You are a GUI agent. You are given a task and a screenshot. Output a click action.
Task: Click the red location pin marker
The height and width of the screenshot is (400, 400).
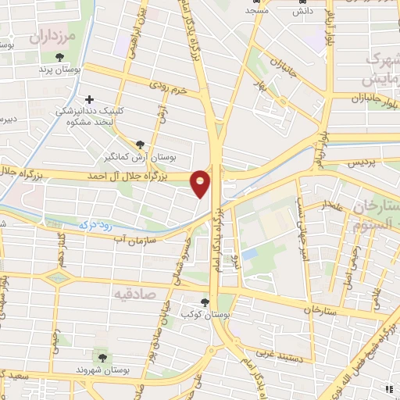[x=201, y=183]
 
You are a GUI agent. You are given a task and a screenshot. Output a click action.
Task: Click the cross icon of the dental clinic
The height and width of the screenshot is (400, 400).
[x=91, y=99]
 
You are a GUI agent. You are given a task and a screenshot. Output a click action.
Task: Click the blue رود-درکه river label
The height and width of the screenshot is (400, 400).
[x=97, y=224]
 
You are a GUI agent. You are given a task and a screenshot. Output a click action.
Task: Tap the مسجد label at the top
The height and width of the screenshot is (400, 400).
[x=257, y=11]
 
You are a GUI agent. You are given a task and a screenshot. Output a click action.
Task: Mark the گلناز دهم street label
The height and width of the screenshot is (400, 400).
[x=60, y=251]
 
